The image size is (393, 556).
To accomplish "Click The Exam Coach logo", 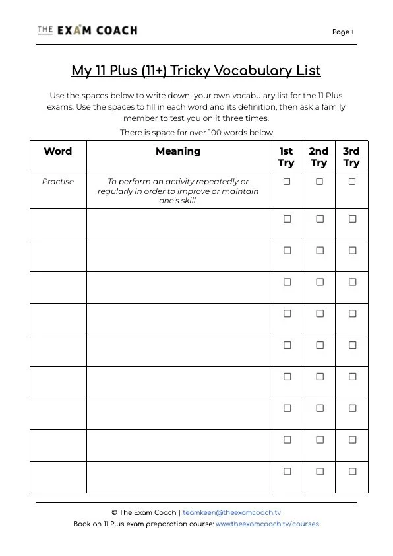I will pyautogui.click(x=88, y=30).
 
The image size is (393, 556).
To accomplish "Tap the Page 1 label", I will pyautogui.click(x=343, y=32).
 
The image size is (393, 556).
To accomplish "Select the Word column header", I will pyautogui.click(x=58, y=151).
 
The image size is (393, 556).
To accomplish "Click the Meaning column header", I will pyautogui.click(x=178, y=151).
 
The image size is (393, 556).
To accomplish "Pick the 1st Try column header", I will pyautogui.click(x=286, y=157).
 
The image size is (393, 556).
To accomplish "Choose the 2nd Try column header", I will pyautogui.click(x=319, y=157).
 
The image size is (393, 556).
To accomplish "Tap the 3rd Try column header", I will pyautogui.click(x=351, y=157).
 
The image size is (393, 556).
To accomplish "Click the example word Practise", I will pyautogui.click(x=58, y=182).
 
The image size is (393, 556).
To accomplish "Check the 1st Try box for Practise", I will pyautogui.click(x=287, y=182).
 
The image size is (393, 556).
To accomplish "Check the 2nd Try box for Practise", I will pyautogui.click(x=320, y=182).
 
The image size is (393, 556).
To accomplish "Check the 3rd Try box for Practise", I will pyautogui.click(x=352, y=182).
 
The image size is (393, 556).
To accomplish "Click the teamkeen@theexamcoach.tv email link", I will pyautogui.click(x=231, y=512).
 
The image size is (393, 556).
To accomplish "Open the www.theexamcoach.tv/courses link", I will pyautogui.click(x=267, y=524).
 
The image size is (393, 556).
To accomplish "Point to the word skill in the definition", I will pyautogui.click(x=188, y=201).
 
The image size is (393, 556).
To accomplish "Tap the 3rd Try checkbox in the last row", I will pyautogui.click(x=352, y=471).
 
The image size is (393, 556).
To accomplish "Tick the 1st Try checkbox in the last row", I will pyautogui.click(x=287, y=471).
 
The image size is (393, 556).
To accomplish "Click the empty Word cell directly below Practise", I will pyautogui.click(x=58, y=224).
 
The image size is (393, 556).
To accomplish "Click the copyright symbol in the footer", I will pyautogui.click(x=114, y=512).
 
